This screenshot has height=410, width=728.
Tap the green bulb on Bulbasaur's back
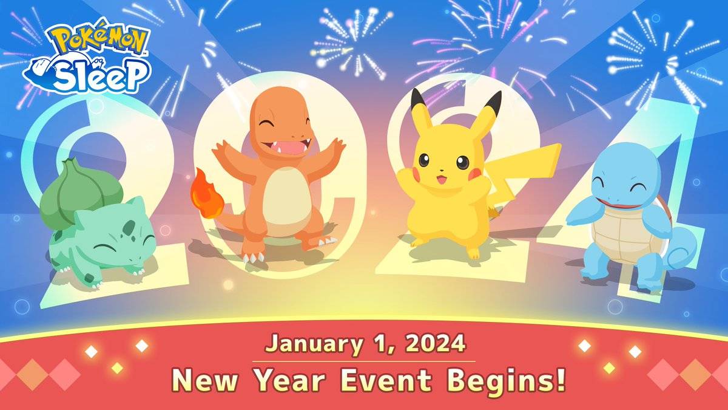[x=79, y=192]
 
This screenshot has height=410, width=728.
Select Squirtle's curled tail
[x=682, y=248]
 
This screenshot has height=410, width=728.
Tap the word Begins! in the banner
[x=507, y=381]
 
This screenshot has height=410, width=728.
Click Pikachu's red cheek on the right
[x=474, y=174]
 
